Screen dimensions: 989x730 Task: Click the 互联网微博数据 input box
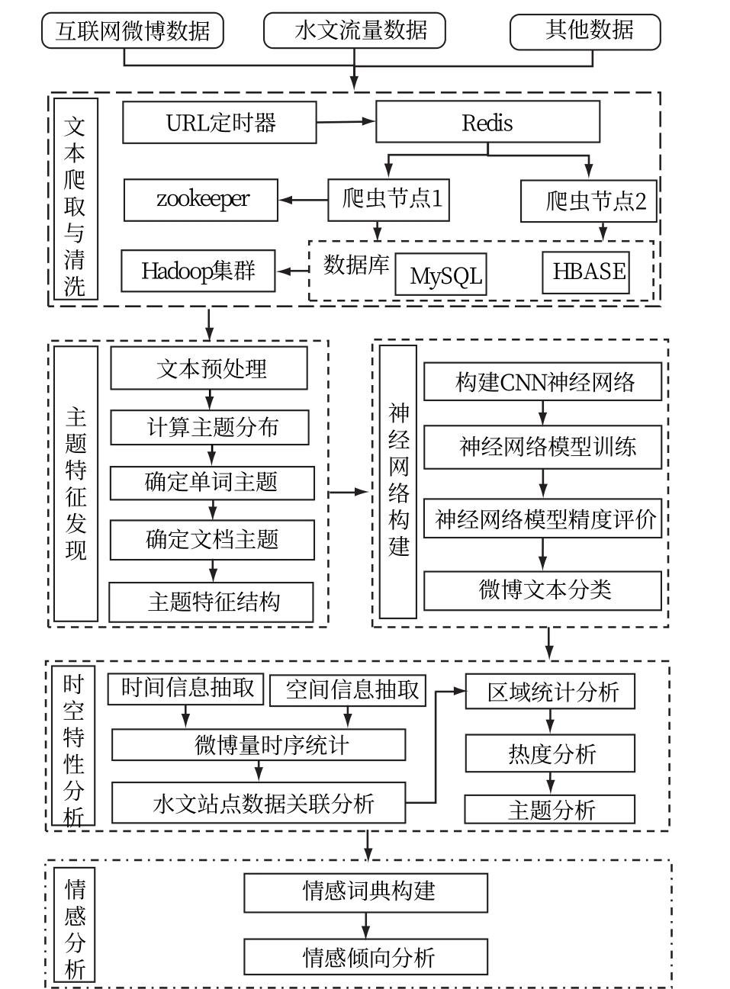(x=132, y=31)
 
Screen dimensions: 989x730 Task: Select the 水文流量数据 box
(x=354, y=31)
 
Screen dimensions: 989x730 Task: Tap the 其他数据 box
(x=584, y=31)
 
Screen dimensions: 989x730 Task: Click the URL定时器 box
(x=219, y=123)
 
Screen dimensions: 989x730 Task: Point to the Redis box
(x=487, y=123)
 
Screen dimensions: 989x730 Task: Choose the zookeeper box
(x=201, y=200)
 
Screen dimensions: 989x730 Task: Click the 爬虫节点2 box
(x=588, y=201)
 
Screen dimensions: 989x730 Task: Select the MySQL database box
(x=441, y=275)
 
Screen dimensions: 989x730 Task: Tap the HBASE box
(x=586, y=272)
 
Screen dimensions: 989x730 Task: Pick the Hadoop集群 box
(x=198, y=271)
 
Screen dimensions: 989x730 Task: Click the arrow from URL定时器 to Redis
(x=346, y=121)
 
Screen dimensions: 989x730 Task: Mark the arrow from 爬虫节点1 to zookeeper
(x=303, y=201)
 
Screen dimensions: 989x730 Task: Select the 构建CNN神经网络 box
(x=542, y=381)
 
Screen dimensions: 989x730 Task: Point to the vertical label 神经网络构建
(x=398, y=481)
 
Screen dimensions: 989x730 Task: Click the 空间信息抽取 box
(x=348, y=690)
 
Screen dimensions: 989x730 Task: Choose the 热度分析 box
(x=550, y=754)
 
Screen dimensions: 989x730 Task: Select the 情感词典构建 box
(x=365, y=892)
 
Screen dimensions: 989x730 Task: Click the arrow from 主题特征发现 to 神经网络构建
(x=349, y=493)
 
